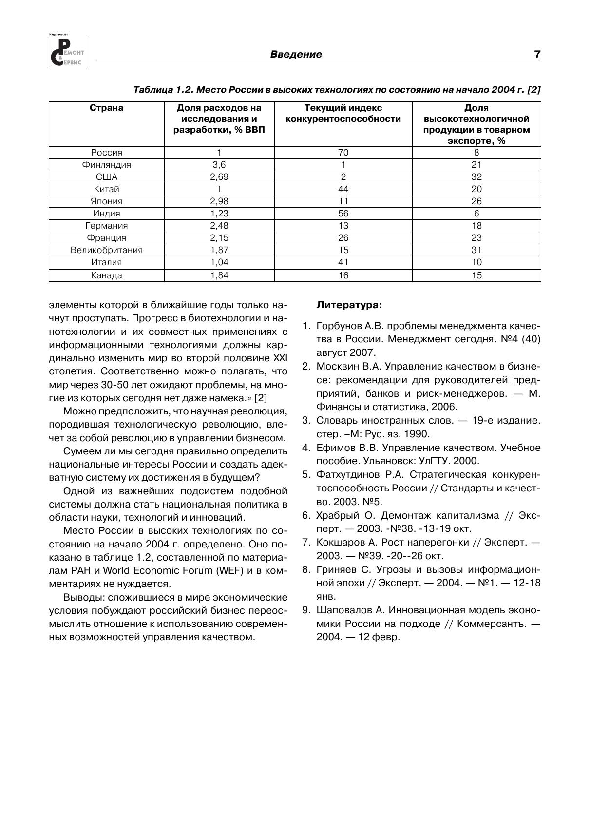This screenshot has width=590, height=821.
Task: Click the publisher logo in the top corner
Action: (x=67, y=51)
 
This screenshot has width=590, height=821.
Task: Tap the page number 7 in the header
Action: (x=537, y=54)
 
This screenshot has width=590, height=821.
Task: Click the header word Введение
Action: (x=296, y=54)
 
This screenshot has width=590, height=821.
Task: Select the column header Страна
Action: (x=106, y=108)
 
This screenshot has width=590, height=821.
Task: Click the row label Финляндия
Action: (x=106, y=165)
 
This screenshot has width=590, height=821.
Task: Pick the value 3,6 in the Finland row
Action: (x=219, y=165)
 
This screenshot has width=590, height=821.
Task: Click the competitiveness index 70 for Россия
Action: (x=343, y=153)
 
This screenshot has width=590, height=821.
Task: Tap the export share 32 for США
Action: (x=476, y=177)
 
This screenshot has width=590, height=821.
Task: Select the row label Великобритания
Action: (x=106, y=250)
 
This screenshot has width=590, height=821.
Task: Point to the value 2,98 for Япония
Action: (x=219, y=201)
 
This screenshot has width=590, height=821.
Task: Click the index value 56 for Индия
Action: (x=343, y=214)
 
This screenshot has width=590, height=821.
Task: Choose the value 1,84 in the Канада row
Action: (x=219, y=275)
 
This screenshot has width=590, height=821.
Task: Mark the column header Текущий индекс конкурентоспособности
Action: (x=343, y=114)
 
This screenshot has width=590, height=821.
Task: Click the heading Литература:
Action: (x=349, y=305)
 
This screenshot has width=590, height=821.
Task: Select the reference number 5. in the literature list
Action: (x=306, y=475)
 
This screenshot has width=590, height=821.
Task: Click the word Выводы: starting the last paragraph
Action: (x=84, y=598)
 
